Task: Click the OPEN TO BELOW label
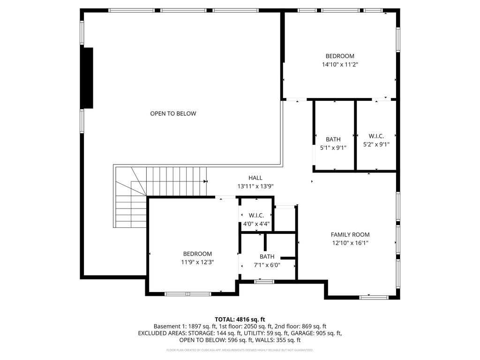click(173, 113)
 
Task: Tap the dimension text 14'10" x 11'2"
click(340, 65)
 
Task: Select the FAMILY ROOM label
click(350, 234)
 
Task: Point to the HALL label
click(255, 178)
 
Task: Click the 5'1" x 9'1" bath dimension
click(333, 148)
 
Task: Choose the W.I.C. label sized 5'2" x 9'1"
click(376, 136)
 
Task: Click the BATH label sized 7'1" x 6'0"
click(267, 256)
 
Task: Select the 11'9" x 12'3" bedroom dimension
click(197, 262)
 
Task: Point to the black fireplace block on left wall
click(88, 78)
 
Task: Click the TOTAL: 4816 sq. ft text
click(240, 319)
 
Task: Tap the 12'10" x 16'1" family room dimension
click(350, 243)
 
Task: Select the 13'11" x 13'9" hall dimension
click(255, 186)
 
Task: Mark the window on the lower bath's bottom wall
click(264, 281)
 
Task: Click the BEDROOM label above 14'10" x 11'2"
click(340, 56)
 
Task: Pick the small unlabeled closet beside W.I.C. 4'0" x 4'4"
click(285, 218)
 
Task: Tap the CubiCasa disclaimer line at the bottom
click(240, 350)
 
